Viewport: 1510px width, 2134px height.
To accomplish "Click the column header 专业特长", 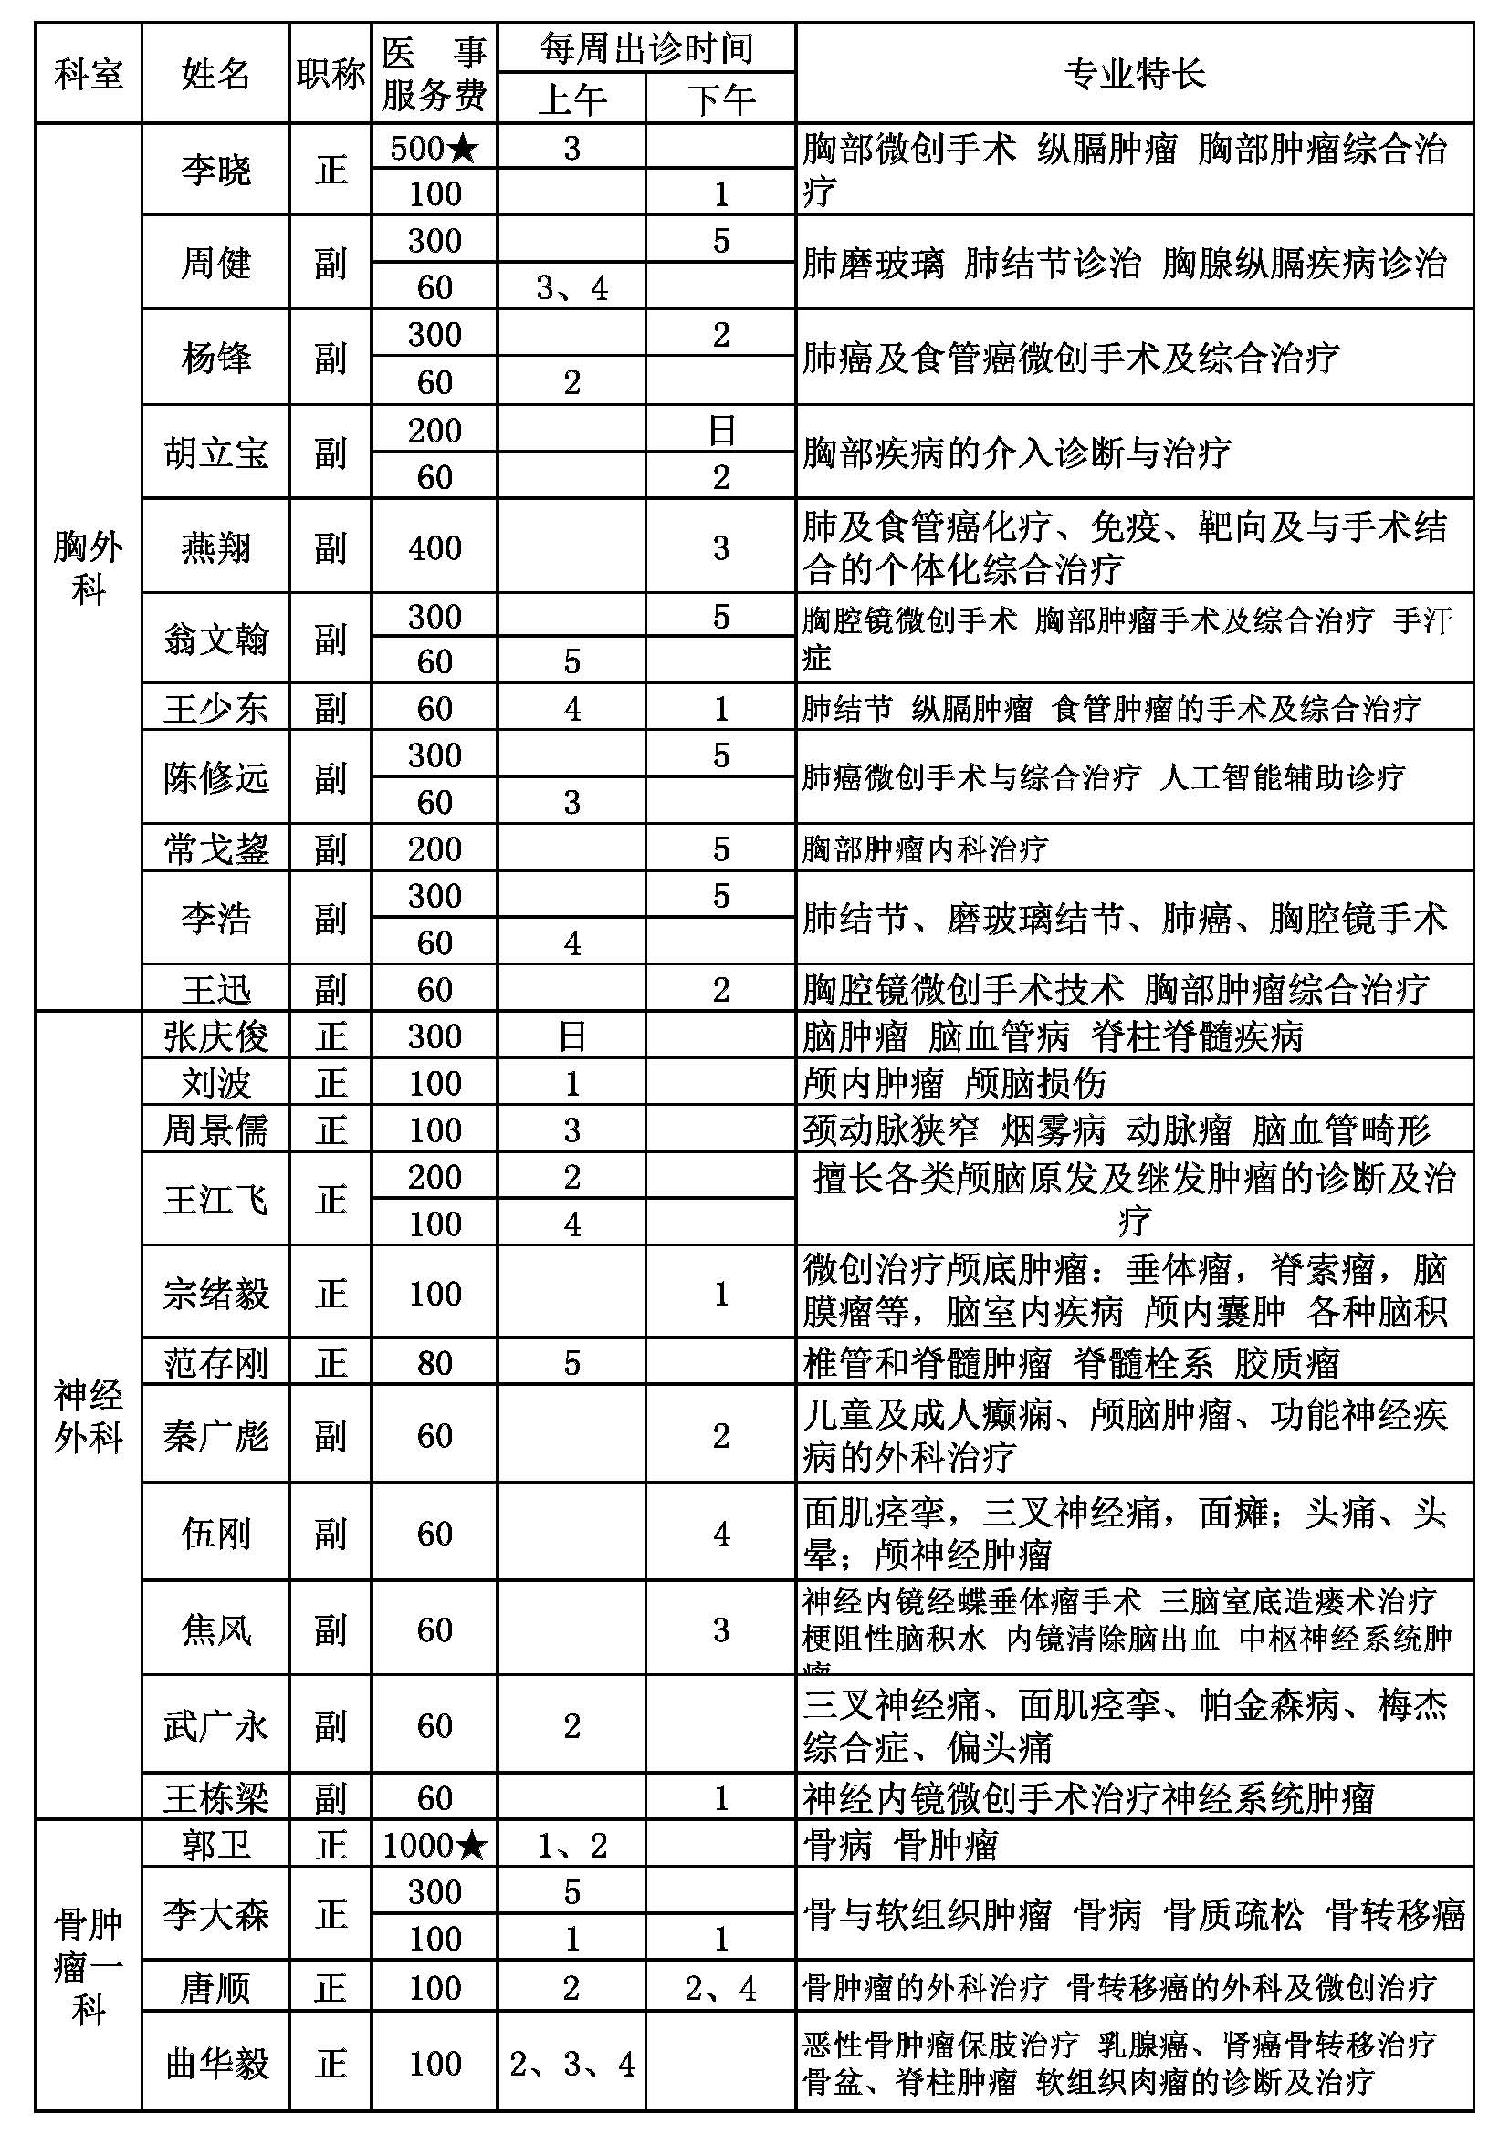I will (1134, 73).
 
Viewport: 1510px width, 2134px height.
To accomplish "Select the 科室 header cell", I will (89, 73).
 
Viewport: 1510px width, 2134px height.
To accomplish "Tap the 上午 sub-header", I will (571, 99).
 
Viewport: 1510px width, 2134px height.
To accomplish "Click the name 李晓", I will (215, 170).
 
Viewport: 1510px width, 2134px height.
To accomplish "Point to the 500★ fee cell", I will (435, 148).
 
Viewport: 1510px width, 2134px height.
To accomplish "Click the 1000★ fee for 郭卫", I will (435, 1845).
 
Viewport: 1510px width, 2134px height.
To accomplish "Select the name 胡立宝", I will (215, 453).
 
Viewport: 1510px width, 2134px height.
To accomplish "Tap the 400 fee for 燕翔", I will (435, 547).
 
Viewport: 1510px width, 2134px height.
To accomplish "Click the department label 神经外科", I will (89, 1417).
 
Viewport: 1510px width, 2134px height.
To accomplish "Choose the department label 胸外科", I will (89, 567).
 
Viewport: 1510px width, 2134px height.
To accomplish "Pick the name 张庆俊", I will (215, 1036).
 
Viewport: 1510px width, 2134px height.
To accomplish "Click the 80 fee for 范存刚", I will (435, 1362).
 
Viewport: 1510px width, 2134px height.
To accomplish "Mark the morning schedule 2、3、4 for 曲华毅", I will (571, 2065).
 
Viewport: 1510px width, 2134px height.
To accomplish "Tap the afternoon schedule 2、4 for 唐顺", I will (720, 1988).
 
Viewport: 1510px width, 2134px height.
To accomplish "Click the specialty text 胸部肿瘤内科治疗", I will (925, 848).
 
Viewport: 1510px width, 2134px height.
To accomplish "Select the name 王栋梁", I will (215, 1798).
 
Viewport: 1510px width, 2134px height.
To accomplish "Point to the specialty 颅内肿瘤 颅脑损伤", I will (954, 1083).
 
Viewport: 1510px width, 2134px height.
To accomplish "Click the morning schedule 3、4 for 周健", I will (571, 288).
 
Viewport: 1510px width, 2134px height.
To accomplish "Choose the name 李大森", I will (215, 1915).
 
